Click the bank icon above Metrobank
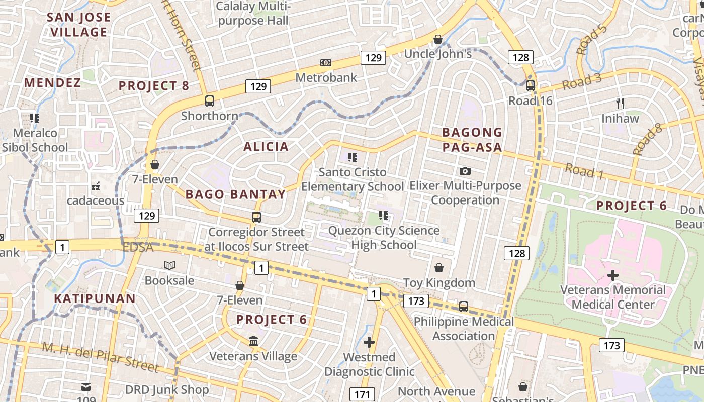[x=326, y=63]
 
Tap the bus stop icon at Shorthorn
[x=210, y=101]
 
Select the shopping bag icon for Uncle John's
[x=438, y=39]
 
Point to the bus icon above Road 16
[x=531, y=86]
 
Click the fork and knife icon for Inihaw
[x=620, y=104]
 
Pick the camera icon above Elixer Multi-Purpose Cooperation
[x=465, y=171]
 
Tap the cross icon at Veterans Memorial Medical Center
[x=612, y=275]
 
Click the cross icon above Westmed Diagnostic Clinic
[x=369, y=342]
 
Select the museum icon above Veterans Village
[x=254, y=341]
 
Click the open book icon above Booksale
[x=169, y=265]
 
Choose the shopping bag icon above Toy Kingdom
[x=439, y=268]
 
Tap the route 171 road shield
[x=362, y=394]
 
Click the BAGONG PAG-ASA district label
[x=472, y=140]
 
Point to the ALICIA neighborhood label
[x=266, y=147]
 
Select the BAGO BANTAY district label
[x=235, y=194]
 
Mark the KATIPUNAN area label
[x=95, y=298]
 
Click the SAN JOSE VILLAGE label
[x=79, y=25]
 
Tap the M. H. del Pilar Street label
[x=101, y=357]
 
